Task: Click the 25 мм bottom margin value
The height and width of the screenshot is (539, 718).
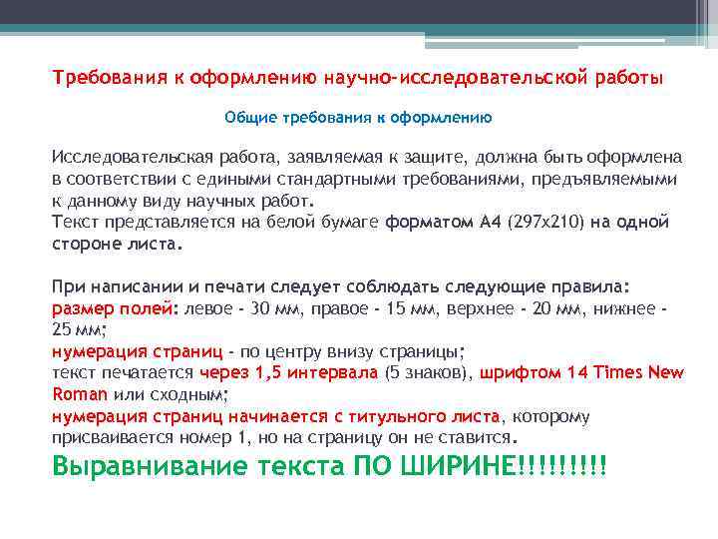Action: click(75, 329)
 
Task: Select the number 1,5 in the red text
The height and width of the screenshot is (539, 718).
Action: click(271, 373)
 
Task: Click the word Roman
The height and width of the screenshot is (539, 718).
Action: click(79, 394)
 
